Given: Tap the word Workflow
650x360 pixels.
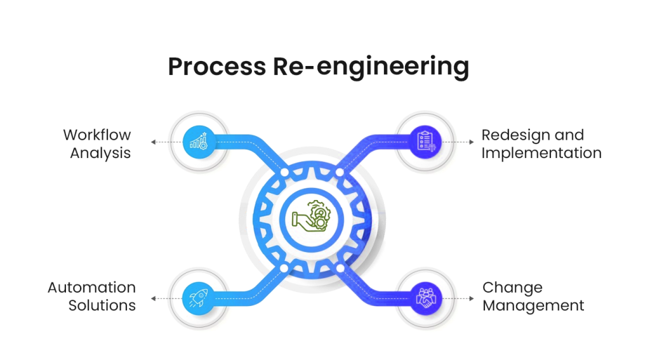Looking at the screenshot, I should (x=97, y=135).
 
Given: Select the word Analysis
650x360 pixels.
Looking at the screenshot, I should (x=100, y=153).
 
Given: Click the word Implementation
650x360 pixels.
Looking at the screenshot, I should (x=541, y=153).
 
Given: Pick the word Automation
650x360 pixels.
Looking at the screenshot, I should (x=91, y=288).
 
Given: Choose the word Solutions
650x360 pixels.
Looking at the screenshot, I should (x=102, y=305).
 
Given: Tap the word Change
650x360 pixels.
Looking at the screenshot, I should (x=512, y=288).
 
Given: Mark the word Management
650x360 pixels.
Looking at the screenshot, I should (x=533, y=305).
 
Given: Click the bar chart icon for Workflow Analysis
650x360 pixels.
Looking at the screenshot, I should (x=196, y=141).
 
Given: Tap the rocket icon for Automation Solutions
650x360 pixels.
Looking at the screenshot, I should (x=196, y=297).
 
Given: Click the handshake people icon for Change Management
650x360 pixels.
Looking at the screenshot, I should (x=424, y=297).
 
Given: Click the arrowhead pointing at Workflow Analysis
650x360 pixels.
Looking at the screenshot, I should (x=152, y=142).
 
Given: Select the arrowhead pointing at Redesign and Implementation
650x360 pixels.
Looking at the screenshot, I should (x=470, y=142).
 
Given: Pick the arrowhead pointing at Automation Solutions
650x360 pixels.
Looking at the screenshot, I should (x=152, y=298).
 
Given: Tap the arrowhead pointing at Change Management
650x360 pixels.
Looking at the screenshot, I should (x=470, y=298).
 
